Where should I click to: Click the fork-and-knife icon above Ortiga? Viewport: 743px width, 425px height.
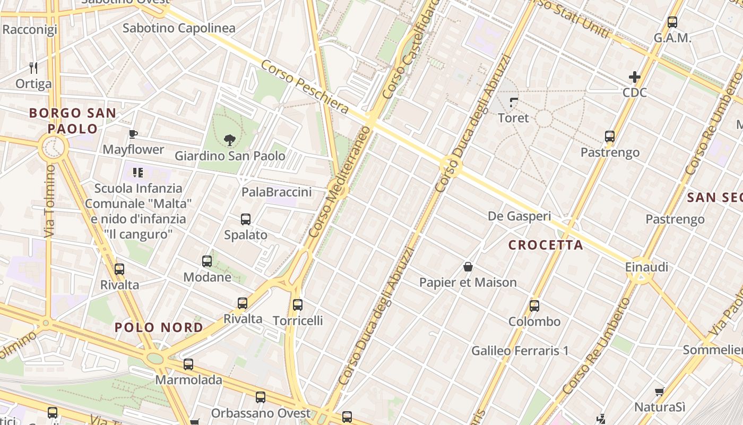[x=33, y=68]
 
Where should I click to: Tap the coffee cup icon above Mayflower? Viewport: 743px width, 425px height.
[x=133, y=134]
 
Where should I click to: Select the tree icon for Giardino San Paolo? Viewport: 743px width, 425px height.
[x=230, y=140]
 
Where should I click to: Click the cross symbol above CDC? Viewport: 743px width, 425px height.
[x=635, y=77]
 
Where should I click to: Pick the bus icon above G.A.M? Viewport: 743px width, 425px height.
[x=672, y=22]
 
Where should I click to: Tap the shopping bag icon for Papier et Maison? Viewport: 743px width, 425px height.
[x=468, y=267]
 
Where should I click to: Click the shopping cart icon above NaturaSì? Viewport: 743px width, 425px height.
[x=659, y=392]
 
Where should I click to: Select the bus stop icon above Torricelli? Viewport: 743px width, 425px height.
[x=298, y=305]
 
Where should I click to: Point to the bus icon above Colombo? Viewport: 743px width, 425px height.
[x=534, y=306]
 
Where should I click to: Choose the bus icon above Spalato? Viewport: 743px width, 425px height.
[x=246, y=219]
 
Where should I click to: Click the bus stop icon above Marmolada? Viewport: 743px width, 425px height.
[x=188, y=364]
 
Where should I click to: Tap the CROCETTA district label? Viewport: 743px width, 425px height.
[x=546, y=245]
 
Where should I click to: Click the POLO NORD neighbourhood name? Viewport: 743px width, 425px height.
[x=159, y=327]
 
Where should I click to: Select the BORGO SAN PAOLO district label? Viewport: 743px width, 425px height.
[x=73, y=121]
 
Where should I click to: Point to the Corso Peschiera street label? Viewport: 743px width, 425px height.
[x=305, y=87]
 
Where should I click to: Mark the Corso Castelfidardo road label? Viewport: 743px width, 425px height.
[x=411, y=50]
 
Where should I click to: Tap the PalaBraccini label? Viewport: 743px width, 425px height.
[x=277, y=192]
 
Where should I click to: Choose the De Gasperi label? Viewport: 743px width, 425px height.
[x=519, y=216]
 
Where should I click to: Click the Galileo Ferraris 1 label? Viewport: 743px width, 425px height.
[x=520, y=351]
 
